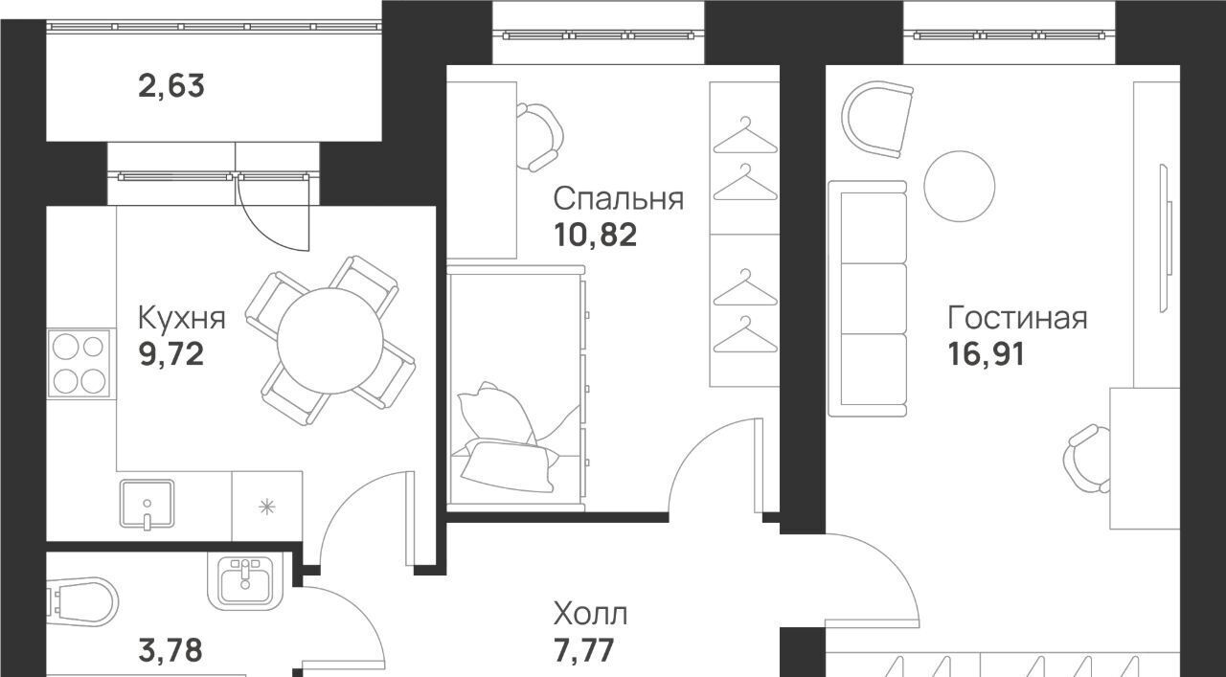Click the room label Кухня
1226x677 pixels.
click(x=182, y=319)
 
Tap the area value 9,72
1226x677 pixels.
click(x=171, y=354)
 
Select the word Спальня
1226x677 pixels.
click(x=619, y=198)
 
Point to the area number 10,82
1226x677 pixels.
click(x=596, y=235)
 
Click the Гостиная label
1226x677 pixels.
click(x=1017, y=318)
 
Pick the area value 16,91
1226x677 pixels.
click(x=986, y=354)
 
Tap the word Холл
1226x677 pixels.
click(x=590, y=614)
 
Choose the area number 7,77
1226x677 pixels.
click(x=583, y=651)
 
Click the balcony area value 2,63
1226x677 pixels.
click(x=171, y=86)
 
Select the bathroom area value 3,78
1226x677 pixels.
click(x=170, y=651)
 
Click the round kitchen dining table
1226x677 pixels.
click(x=330, y=341)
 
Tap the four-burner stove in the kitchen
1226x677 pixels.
click(x=81, y=363)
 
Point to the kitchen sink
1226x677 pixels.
click(x=147, y=504)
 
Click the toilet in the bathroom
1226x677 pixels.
click(x=82, y=602)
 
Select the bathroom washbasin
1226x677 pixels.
click(x=245, y=582)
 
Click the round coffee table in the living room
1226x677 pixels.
click(x=960, y=187)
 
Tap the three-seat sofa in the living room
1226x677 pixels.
click(x=868, y=299)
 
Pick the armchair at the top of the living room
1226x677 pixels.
click(x=877, y=119)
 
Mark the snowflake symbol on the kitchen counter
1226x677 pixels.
click(x=267, y=507)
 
